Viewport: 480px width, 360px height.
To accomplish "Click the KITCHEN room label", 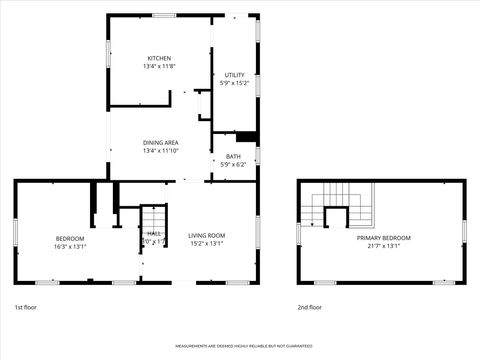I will [x=160, y=58].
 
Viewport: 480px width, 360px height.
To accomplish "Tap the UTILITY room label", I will [x=234, y=75].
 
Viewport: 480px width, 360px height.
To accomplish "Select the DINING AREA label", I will [x=160, y=143].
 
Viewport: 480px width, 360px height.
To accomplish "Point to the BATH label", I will [x=233, y=156].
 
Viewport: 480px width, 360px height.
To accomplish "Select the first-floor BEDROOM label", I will [x=70, y=237].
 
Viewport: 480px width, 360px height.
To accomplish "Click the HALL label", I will [x=140, y=233].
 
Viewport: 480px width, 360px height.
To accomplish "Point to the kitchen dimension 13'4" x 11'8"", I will [x=160, y=66].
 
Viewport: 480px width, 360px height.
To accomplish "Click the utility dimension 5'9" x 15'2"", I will [x=234, y=83].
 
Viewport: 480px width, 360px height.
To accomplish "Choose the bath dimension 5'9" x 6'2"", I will [x=233, y=164].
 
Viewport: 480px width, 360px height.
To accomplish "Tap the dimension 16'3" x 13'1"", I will [x=70, y=245].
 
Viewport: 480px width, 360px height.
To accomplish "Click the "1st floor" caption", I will [x=27, y=307].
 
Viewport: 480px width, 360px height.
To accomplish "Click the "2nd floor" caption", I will [x=310, y=307].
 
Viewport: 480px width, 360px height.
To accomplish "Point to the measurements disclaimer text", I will [x=240, y=347].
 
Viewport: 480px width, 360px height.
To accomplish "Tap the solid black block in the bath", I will [x=247, y=137].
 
